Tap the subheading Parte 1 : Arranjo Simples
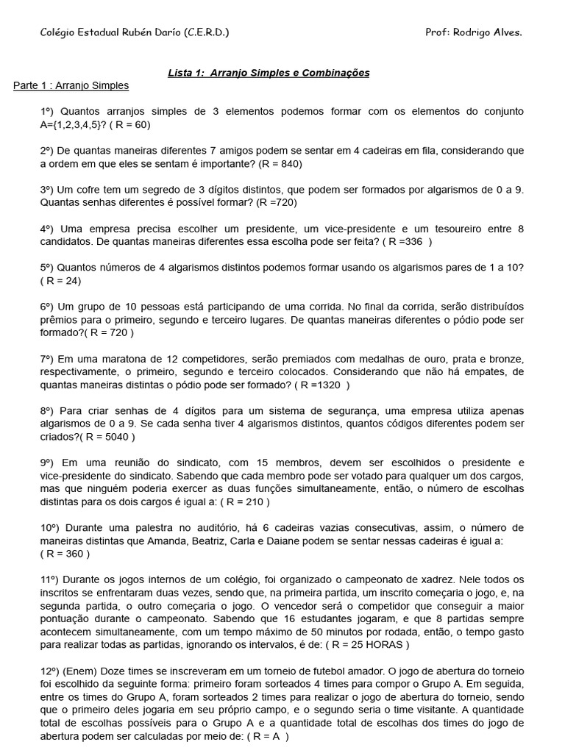[71, 86]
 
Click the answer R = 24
[61, 280]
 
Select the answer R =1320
[322, 384]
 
